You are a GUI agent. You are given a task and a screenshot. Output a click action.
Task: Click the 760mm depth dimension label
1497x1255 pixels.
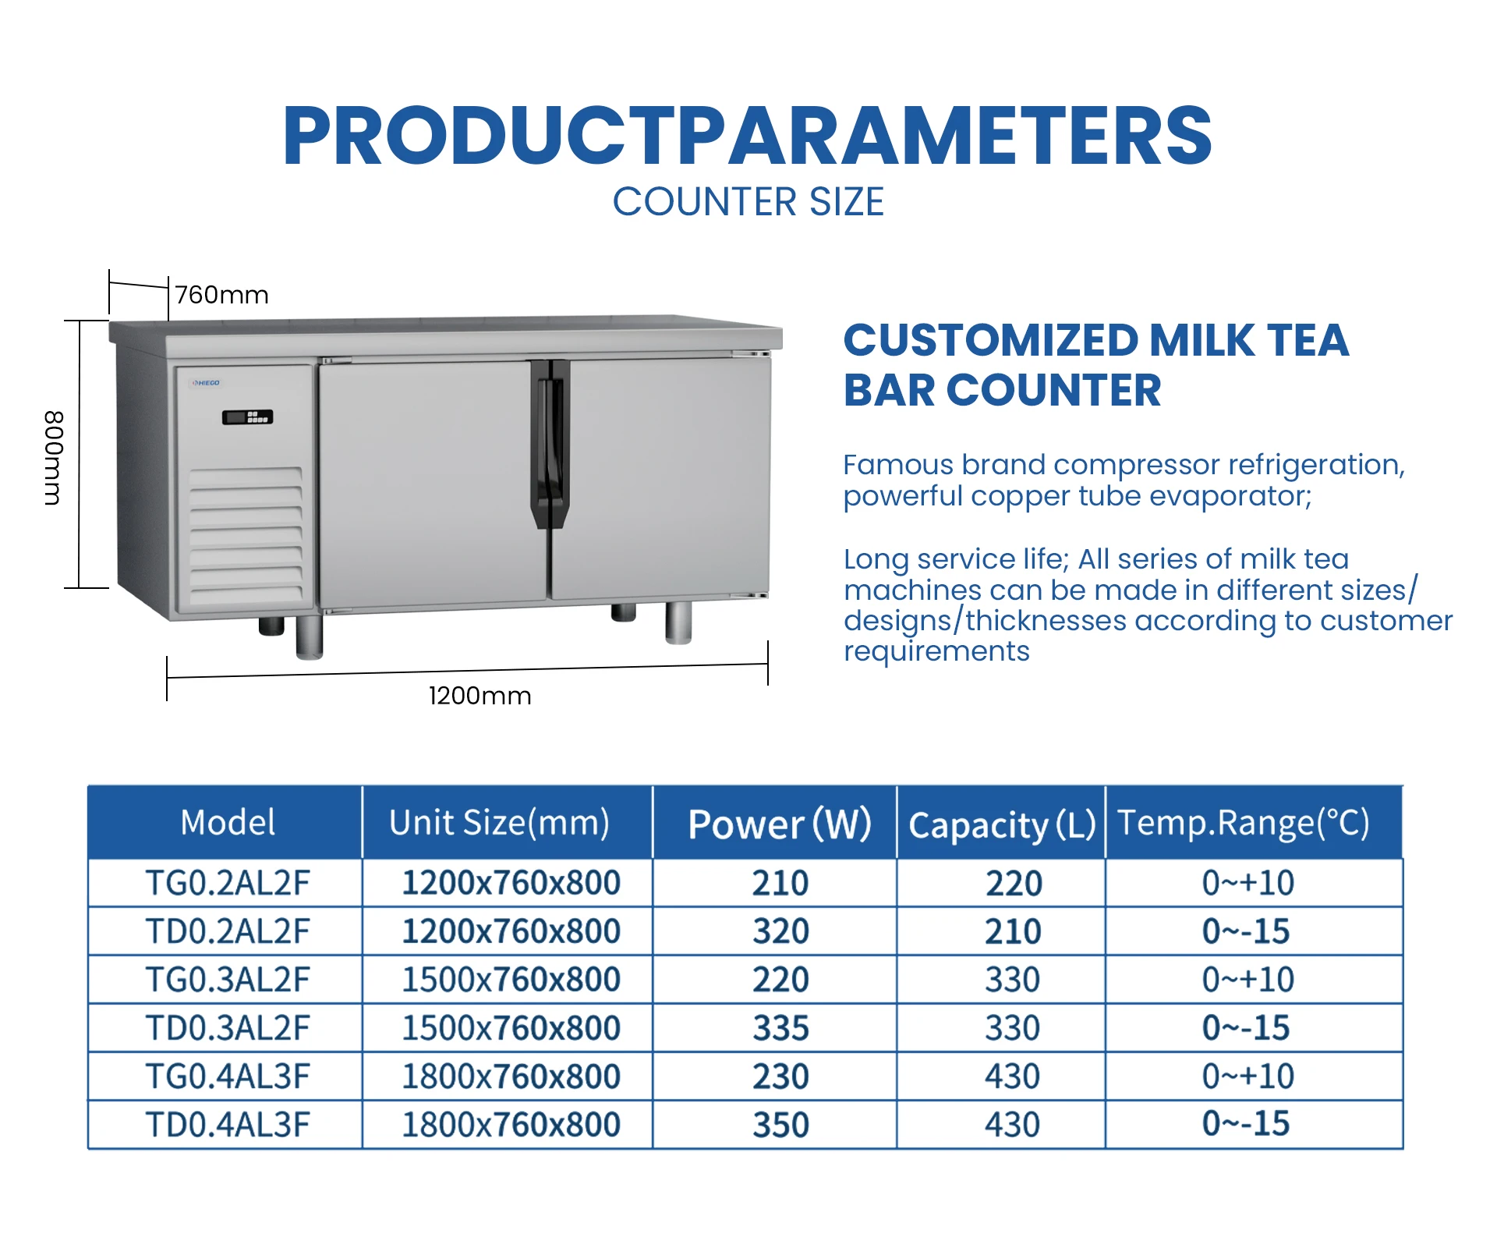(221, 295)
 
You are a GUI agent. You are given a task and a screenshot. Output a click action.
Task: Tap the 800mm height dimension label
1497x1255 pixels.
(52, 458)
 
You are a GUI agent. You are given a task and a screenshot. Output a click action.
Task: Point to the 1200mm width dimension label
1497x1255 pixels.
(480, 695)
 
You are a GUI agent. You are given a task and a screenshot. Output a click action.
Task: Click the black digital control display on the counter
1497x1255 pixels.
(247, 417)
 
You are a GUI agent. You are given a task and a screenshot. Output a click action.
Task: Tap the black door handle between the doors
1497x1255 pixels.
(550, 443)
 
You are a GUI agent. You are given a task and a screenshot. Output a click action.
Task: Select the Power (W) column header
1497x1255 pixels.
(778, 824)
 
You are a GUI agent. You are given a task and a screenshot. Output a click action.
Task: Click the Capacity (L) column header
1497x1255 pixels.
(1001, 824)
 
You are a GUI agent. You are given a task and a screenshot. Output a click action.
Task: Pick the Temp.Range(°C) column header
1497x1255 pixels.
(1244, 823)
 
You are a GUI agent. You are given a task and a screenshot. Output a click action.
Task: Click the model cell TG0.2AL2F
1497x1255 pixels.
(228, 883)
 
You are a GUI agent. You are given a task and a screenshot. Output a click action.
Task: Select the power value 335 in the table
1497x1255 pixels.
(780, 1028)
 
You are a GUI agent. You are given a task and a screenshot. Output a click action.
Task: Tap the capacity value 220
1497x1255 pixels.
(1014, 884)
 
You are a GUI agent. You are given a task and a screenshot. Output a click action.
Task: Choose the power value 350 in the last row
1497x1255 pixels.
(780, 1125)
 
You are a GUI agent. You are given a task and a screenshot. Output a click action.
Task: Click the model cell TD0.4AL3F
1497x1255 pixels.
(228, 1125)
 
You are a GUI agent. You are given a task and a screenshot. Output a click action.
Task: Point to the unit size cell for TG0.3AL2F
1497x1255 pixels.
(511, 980)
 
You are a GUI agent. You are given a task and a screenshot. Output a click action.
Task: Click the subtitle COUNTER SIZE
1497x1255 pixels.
(748, 202)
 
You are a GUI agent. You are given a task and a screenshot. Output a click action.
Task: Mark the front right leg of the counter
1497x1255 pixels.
(678, 622)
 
